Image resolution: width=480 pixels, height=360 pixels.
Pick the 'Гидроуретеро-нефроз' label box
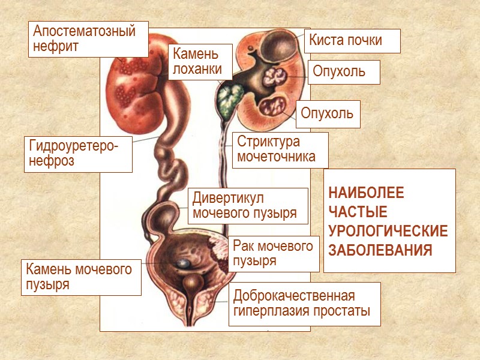pyautogui.click(x=78, y=154)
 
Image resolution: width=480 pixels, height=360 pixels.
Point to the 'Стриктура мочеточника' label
pyautogui.click(x=280, y=150)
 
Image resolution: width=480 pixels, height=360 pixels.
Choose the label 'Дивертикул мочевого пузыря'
pyautogui.click(x=248, y=205)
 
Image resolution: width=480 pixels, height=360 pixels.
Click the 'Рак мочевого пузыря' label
pyautogui.click(x=274, y=254)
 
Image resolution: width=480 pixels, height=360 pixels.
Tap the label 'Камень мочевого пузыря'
pyautogui.click(x=81, y=277)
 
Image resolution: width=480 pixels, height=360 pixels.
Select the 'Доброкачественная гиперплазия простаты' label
pyautogui.click(x=304, y=304)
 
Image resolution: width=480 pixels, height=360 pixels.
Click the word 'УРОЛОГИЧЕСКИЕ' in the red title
pyautogui.click(x=388, y=232)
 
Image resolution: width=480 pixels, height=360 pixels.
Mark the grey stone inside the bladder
pyautogui.click(x=182, y=263)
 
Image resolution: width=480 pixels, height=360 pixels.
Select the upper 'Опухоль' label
pyautogui.click(x=344, y=72)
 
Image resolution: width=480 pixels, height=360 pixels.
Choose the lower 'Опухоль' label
pyautogui.click(x=328, y=113)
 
